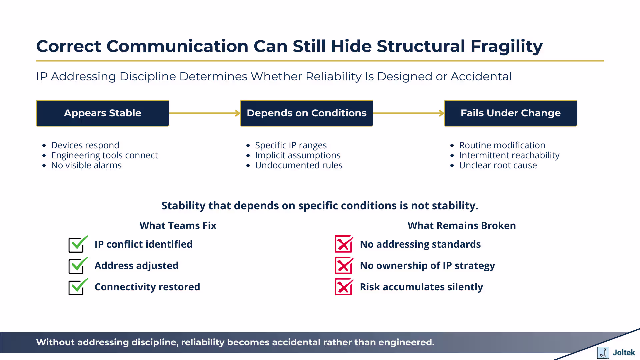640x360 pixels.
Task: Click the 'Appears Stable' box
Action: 103,113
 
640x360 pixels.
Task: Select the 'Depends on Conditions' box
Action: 306,113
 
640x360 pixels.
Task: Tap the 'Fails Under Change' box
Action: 510,113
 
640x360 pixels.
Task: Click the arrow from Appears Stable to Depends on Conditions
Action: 204,113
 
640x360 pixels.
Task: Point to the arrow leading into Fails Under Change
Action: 408,113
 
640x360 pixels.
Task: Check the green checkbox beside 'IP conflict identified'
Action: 77,244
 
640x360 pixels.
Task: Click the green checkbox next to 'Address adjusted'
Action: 77,266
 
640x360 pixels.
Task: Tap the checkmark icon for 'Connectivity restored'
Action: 77,287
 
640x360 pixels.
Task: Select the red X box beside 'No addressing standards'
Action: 343,244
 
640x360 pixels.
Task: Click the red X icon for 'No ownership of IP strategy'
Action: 343,266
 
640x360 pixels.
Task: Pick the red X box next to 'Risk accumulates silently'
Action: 343,287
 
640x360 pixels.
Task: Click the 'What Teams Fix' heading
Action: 178,226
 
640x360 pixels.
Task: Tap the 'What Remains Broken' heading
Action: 462,226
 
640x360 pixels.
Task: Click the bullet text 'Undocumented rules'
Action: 299,165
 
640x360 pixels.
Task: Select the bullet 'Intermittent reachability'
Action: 509,155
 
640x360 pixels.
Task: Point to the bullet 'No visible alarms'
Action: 86,165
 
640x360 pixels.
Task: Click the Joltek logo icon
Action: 603,352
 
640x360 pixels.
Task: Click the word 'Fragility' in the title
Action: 506,46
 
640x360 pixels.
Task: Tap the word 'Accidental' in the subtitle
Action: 481,77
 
